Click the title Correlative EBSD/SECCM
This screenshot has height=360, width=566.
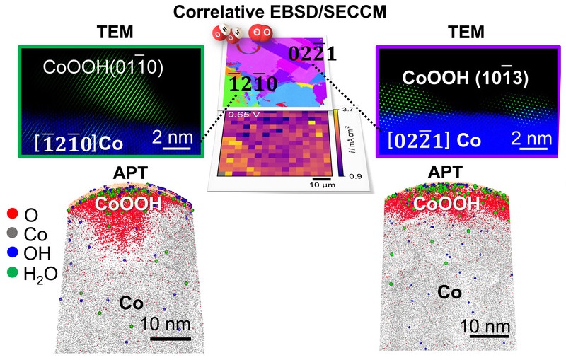282,10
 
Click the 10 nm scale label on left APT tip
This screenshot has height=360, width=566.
154,326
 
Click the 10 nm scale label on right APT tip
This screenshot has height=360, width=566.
485,326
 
